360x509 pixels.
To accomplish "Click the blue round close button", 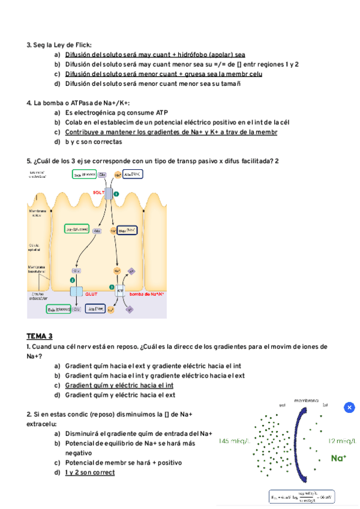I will tap(350, 408).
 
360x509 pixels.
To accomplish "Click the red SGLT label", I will tap(99, 193).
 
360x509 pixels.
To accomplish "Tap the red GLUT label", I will tap(91, 295).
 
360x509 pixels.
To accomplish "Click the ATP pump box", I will tap(120, 291).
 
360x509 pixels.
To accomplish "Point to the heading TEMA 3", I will tap(40, 336).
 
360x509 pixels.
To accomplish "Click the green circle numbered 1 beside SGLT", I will tap(116, 194).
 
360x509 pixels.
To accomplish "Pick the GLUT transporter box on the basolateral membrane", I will tap(76, 292).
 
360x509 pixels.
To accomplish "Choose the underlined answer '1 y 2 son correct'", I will tap(89, 472).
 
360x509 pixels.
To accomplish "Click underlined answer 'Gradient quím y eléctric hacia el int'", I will tap(119, 385).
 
